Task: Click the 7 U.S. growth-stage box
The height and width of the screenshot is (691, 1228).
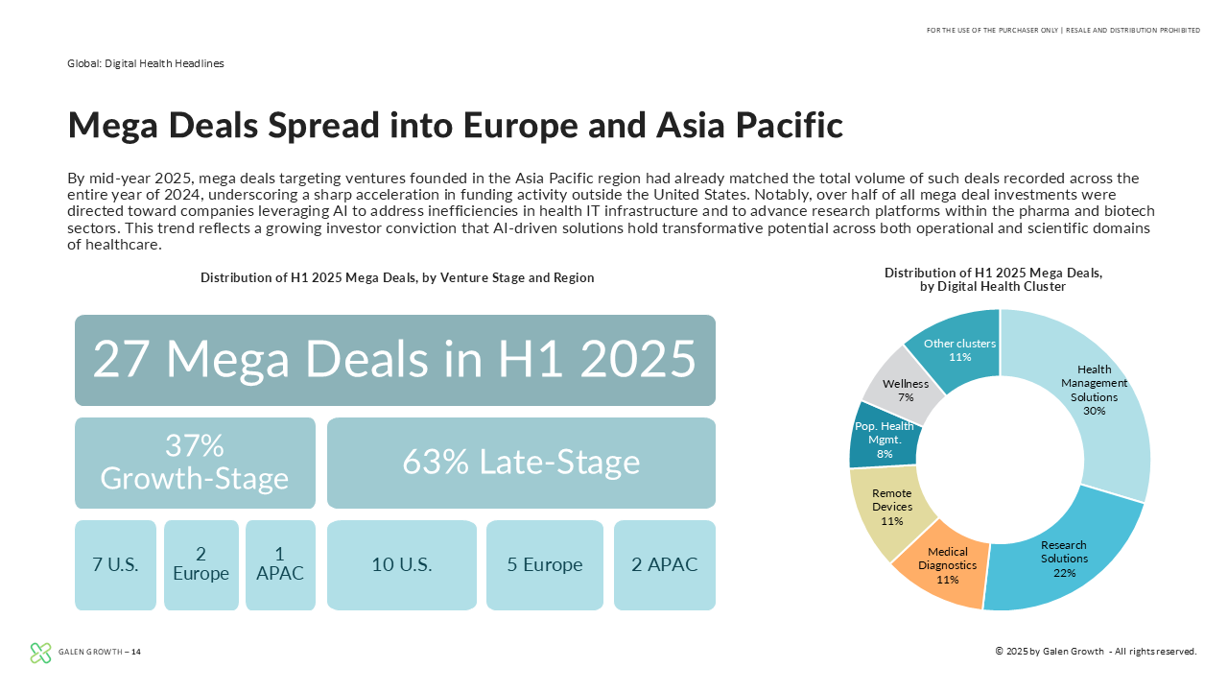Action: pyautogui.click(x=115, y=565)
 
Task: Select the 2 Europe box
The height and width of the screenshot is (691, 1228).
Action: pyautogui.click(x=201, y=565)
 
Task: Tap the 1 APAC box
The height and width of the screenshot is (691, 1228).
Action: pyautogui.click(x=280, y=565)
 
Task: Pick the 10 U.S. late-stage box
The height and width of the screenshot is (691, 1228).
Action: pyautogui.click(x=402, y=565)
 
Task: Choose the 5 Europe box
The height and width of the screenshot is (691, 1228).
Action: pyautogui.click(x=544, y=565)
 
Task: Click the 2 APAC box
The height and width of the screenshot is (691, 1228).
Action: pyautogui.click(x=665, y=565)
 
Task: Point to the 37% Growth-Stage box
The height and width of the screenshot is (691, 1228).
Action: pyautogui.click(x=195, y=463)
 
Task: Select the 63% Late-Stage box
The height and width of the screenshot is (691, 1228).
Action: pyautogui.click(x=521, y=463)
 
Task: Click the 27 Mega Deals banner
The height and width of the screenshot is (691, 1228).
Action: pyautogui.click(x=395, y=360)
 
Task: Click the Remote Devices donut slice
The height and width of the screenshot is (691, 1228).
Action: pyautogui.click(x=889, y=508)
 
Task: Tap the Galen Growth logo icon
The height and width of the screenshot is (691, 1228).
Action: pyautogui.click(x=40, y=653)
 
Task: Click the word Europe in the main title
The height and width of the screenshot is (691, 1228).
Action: pyautogui.click(x=520, y=125)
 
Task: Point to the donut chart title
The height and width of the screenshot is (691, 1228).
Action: pyautogui.click(x=993, y=279)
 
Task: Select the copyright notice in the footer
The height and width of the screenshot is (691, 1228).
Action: pyautogui.click(x=1096, y=652)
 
